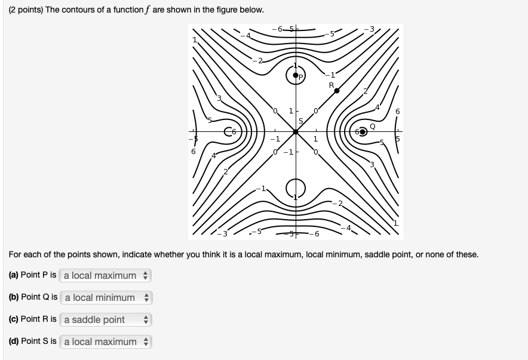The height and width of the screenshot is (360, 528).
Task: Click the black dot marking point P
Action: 295,75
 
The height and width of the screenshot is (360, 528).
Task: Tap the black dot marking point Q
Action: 363,132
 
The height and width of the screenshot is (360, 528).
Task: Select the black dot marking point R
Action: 337,91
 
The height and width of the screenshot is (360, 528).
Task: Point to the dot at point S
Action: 296,132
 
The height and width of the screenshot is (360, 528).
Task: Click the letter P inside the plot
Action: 302,78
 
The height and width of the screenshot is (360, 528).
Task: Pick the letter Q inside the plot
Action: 373,126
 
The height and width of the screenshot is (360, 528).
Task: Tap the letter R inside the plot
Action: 331,85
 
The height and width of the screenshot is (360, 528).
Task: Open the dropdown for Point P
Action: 106,275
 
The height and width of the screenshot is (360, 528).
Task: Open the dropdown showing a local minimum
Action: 106,297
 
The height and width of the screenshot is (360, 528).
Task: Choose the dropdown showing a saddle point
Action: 106,319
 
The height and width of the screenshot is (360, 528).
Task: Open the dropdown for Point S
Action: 106,341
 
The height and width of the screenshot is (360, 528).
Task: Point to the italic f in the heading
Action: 147,10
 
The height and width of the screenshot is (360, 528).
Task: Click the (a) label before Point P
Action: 14,275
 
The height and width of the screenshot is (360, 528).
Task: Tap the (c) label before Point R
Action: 14,319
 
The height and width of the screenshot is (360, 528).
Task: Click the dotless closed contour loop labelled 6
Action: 229,132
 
